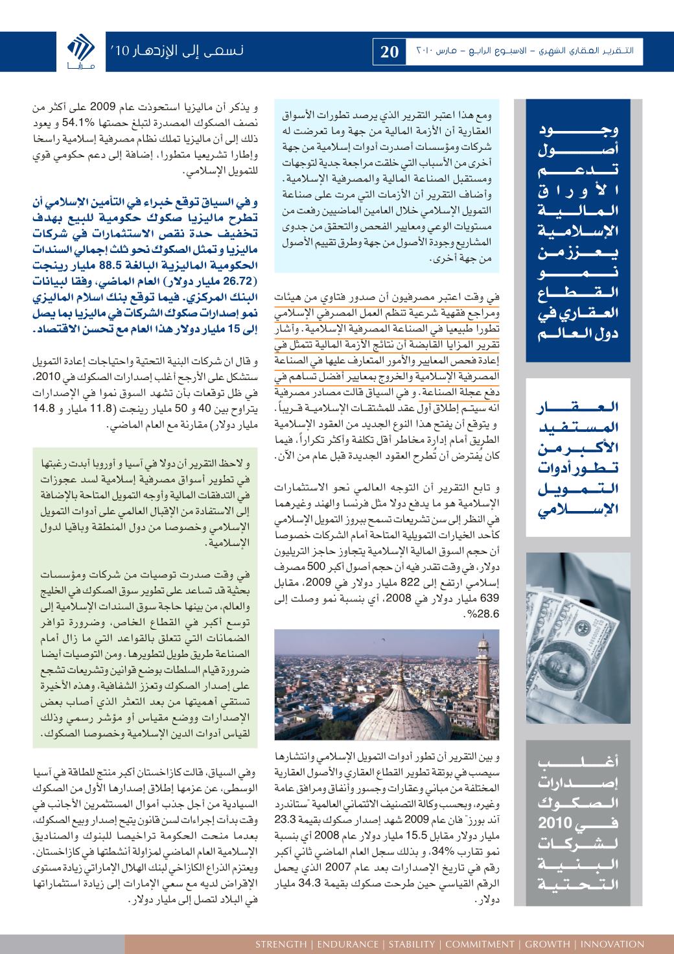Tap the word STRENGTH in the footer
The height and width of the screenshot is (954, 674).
point(281,944)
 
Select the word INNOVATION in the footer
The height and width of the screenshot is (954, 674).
point(613,944)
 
